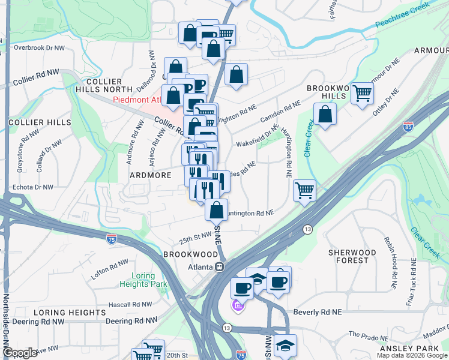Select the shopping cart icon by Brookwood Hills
click(363, 93)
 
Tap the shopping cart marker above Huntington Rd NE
click(304, 190)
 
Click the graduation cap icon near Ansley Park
click(285, 345)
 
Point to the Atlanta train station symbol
click(220, 266)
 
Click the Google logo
click(19, 353)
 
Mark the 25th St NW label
click(196, 239)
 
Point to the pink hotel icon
click(238, 307)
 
